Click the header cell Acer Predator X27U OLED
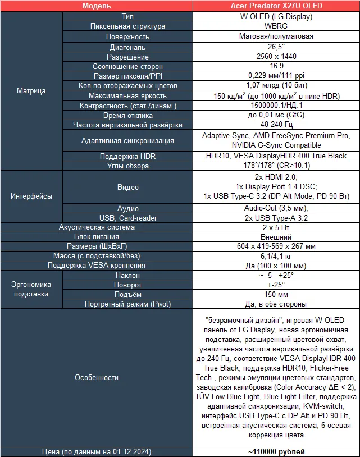276,6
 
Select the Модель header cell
97,6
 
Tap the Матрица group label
31,90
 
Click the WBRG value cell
276,26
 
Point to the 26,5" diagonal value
276,47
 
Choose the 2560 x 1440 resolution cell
276,57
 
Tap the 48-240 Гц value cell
276,125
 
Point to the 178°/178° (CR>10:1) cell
276,166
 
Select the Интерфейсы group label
31,196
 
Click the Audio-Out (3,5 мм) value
276,208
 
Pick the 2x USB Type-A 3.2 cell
276,218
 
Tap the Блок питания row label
97,237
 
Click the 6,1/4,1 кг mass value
276,256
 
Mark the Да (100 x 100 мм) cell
276,266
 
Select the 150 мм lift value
276,295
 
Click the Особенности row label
97,378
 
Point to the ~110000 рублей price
276,451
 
